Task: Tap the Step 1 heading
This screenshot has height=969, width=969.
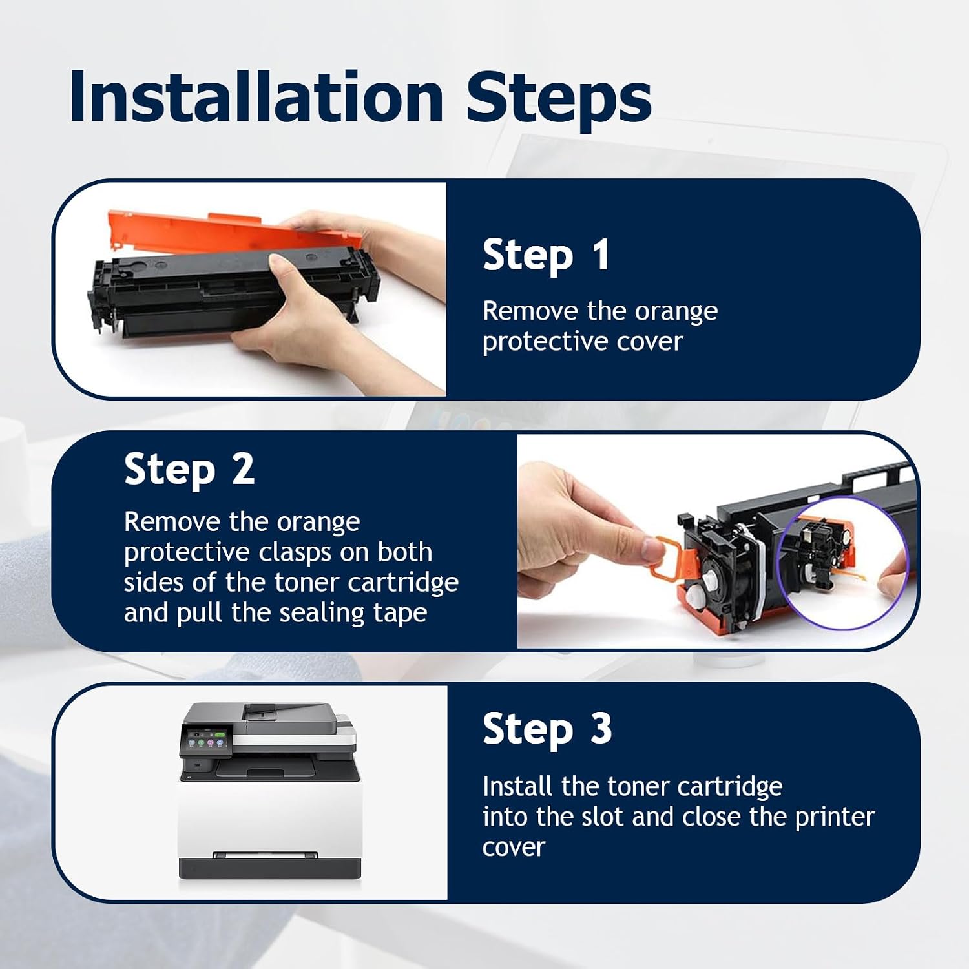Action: tap(546, 255)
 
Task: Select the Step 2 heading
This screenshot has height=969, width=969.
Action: tap(189, 469)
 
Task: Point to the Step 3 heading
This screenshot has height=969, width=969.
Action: tap(547, 729)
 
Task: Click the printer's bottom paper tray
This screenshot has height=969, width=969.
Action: tap(269, 866)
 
